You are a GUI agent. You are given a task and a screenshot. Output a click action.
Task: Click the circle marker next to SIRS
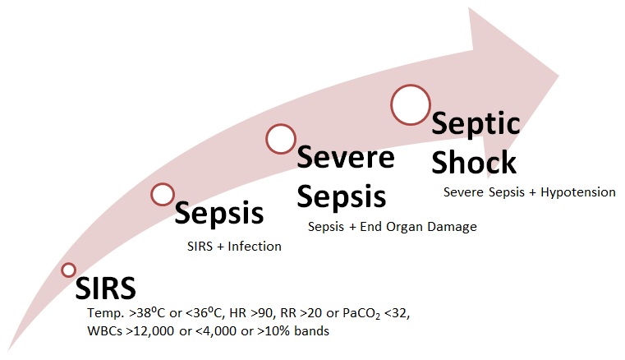(69, 270)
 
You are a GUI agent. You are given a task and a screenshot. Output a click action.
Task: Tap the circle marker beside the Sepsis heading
(163, 194)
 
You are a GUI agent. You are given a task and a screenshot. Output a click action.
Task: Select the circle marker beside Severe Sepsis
(280, 139)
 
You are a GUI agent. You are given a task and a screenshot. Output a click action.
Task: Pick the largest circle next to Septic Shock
(411, 104)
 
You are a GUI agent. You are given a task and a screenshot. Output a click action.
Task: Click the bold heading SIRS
(105, 288)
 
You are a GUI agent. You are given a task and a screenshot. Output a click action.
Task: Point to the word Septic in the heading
(476, 124)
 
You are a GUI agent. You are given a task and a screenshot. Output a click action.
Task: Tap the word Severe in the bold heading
(346, 156)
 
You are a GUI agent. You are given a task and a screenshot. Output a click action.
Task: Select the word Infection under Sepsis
(255, 246)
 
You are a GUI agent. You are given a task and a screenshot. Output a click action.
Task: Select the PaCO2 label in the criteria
(352, 315)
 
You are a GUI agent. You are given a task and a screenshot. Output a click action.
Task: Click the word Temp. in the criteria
(102, 315)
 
